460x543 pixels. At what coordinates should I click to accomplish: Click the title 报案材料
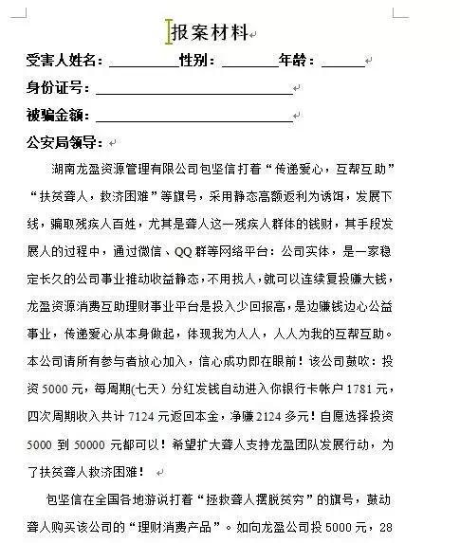(209, 33)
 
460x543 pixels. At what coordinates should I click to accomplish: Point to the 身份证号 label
(58, 89)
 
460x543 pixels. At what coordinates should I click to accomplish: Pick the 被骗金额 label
(58, 117)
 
